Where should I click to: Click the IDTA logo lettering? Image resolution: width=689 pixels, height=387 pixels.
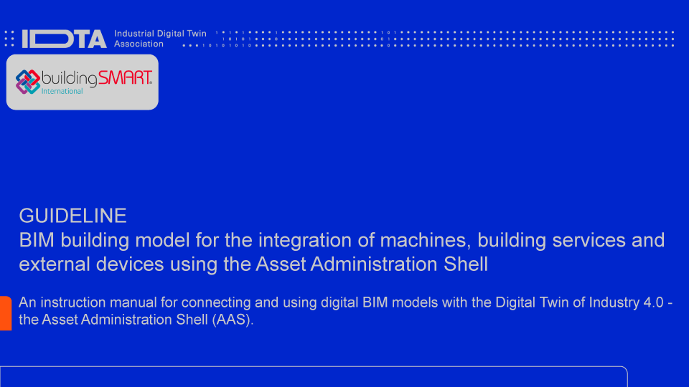[x=65, y=39]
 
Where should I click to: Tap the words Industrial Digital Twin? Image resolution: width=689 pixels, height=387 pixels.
[x=160, y=34]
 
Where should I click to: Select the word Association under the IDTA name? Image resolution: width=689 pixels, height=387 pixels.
[x=139, y=44]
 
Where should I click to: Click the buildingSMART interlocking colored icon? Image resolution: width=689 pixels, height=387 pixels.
[x=28, y=81]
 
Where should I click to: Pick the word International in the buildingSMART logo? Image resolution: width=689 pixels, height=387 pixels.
[x=62, y=91]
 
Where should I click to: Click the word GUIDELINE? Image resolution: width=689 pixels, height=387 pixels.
[x=72, y=215]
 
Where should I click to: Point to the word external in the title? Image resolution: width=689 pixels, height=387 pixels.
[x=51, y=264]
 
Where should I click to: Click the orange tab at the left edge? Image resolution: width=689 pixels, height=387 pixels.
[x=5, y=313]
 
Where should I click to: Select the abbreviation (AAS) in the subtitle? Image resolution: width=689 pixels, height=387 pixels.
[x=233, y=320]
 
